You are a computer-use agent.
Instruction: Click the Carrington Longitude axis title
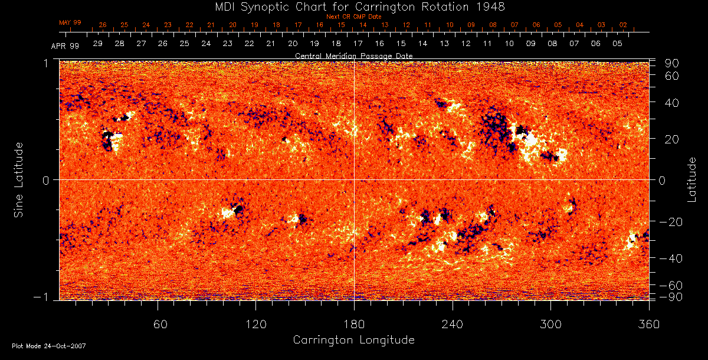tap(353, 340)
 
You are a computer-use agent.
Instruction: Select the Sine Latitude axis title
tap(19, 179)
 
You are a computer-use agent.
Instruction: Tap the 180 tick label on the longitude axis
tap(354, 323)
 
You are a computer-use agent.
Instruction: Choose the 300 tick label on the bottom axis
tap(550, 323)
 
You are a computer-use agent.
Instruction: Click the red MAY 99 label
tap(70, 22)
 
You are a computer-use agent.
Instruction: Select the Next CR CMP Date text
tap(353, 17)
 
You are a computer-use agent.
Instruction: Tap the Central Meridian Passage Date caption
tap(353, 55)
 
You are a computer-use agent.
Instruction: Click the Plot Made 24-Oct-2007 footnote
tap(49, 346)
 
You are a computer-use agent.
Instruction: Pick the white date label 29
tap(98, 44)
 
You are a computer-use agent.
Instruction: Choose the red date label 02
tap(623, 25)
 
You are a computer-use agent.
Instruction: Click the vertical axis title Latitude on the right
tap(692, 179)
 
